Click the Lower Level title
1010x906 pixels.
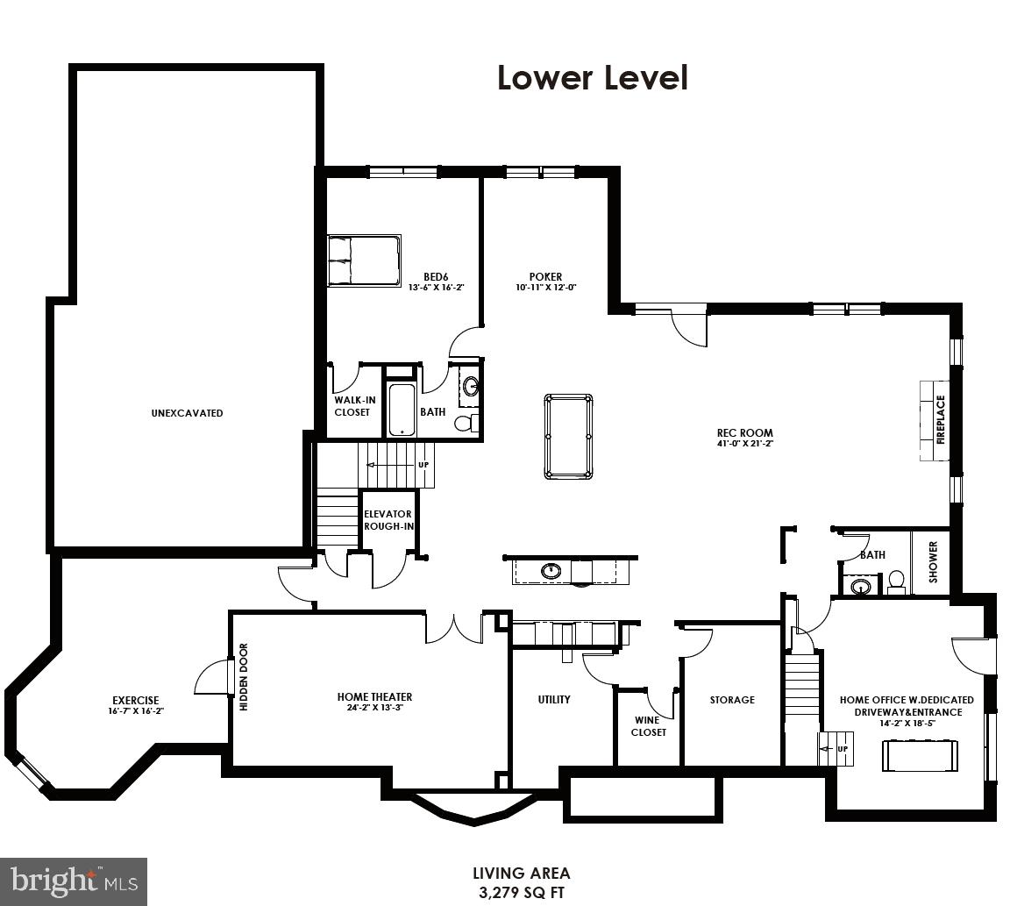pyautogui.click(x=592, y=78)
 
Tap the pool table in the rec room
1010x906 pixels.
pyautogui.click(x=568, y=436)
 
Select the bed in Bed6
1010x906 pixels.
pyautogui.click(x=363, y=260)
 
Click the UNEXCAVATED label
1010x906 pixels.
pyautogui.click(x=187, y=413)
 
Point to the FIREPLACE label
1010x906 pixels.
pyautogui.click(x=941, y=420)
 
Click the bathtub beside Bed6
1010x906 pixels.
pyautogui.click(x=402, y=409)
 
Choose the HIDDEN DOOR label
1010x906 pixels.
pyautogui.click(x=244, y=677)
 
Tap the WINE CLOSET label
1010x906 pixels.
pyautogui.click(x=649, y=726)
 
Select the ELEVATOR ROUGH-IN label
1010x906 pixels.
pyautogui.click(x=388, y=520)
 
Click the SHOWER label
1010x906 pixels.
pyautogui.click(x=933, y=562)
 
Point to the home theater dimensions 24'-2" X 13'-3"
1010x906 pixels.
pyautogui.click(x=374, y=708)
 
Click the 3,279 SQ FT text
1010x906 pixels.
pyautogui.click(x=521, y=893)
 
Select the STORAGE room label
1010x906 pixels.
pyautogui.click(x=732, y=700)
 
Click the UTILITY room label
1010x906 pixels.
pyautogui.click(x=554, y=699)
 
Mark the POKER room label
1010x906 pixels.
pyautogui.click(x=545, y=277)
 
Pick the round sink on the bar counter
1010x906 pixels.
pyautogui.click(x=551, y=571)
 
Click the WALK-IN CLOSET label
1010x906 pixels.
pyautogui.click(x=352, y=406)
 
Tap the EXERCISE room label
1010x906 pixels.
pyautogui.click(x=136, y=700)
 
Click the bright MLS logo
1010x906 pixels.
pyautogui.click(x=74, y=880)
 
